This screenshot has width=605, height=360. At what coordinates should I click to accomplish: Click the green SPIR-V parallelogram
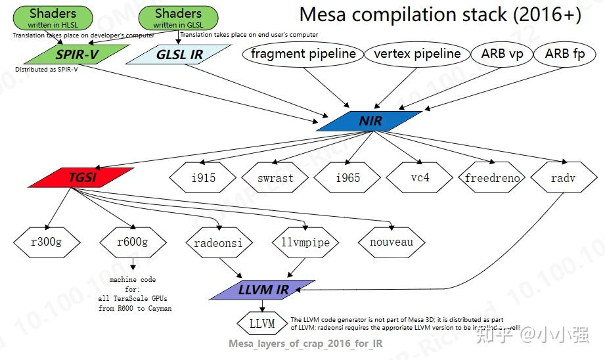tap(77, 55)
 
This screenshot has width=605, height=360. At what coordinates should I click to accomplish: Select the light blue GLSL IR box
tap(179, 55)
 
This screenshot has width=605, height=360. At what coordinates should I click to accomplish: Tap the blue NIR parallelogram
tap(370, 122)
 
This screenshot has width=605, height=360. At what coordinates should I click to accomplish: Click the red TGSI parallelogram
tap(82, 177)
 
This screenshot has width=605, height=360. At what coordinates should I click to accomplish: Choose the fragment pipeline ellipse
tap(303, 54)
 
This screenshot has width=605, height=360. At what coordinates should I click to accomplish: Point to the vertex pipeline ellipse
tap(417, 54)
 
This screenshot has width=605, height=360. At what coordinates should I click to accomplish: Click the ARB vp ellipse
tap(502, 54)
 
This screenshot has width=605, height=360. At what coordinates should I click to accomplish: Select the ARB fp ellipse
tap(565, 54)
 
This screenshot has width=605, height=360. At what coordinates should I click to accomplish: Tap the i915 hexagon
tap(203, 177)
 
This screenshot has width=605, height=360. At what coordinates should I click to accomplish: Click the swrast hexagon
tap(275, 177)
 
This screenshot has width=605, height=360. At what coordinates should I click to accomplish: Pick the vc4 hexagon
tap(418, 177)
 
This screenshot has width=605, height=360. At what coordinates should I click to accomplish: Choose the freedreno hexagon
tap(492, 177)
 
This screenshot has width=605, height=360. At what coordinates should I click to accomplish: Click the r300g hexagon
tap(46, 242)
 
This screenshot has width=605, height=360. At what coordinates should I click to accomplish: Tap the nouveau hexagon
tap(391, 242)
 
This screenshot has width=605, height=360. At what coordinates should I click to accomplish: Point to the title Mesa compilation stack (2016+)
tap(439, 15)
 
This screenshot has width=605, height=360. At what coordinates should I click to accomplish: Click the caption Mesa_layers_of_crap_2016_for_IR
tap(305, 343)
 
